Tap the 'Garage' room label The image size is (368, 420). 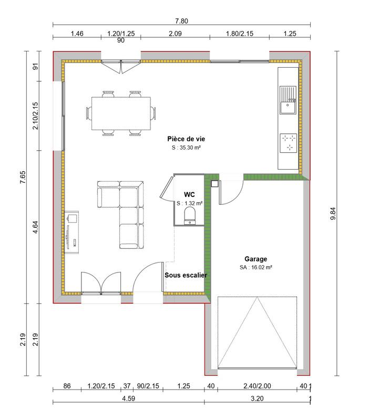[255, 259]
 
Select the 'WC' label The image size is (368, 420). [189, 194]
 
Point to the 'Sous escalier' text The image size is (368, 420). [186, 275]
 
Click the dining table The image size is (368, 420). [121, 113]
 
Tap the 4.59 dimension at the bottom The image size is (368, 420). [128, 398]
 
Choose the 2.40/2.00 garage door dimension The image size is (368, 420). [258, 386]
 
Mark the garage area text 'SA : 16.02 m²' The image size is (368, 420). [255, 267]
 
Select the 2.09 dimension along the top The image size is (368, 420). [175, 34]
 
